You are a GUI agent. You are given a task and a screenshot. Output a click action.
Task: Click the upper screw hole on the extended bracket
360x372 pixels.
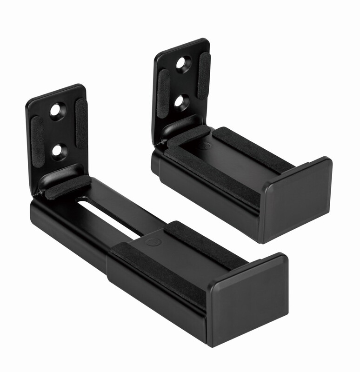coord(57,112)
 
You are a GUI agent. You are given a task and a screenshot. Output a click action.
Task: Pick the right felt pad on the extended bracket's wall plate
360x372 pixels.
coord(81,123)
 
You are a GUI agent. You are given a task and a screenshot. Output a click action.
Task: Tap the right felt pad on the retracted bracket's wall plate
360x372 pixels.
coord(204,75)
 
